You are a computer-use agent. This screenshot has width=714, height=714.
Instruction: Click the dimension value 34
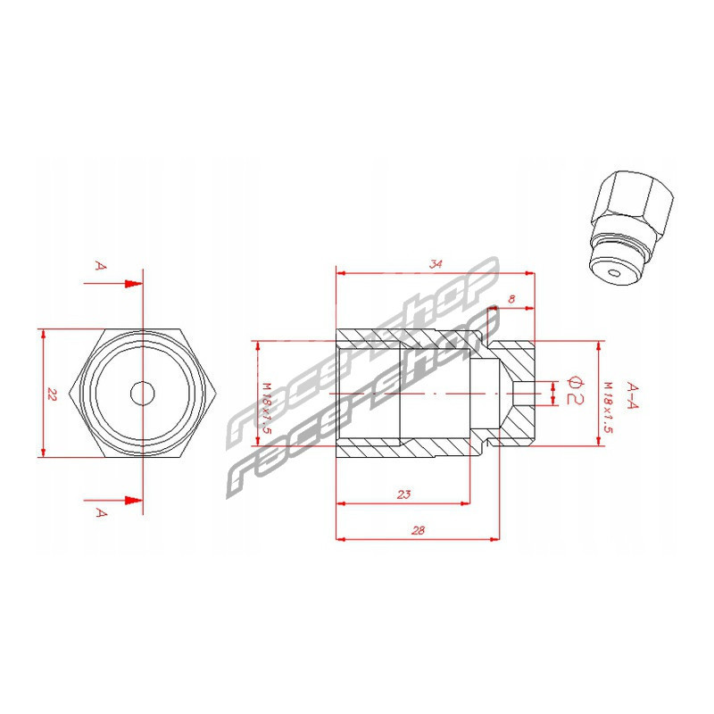436,263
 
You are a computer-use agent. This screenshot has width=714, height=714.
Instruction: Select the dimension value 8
511,299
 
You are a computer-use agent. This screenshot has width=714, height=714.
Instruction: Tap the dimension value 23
404,494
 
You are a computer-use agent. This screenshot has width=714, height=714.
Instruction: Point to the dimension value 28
418,530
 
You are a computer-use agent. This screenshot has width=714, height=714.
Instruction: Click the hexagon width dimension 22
52,394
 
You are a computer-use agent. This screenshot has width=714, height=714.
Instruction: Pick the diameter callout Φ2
575,391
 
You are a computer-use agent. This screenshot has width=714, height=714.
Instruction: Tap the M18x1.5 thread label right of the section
608,407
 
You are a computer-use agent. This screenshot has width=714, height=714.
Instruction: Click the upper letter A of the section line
101,265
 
